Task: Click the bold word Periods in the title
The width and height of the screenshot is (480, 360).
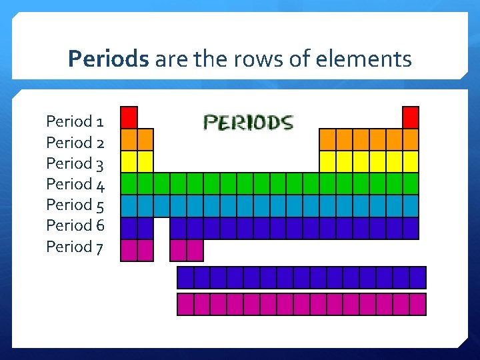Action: click(x=109, y=60)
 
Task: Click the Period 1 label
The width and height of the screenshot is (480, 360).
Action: click(x=75, y=122)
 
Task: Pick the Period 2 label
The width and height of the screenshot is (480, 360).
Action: click(x=75, y=143)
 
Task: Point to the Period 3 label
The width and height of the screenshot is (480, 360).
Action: click(x=75, y=163)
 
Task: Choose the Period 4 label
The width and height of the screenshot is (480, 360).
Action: click(x=75, y=184)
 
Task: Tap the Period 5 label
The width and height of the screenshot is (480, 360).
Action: click(x=75, y=205)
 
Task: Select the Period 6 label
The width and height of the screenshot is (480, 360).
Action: click(x=75, y=225)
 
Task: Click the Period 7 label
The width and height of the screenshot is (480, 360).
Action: click(x=75, y=247)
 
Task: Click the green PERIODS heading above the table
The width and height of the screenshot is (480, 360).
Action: click(x=248, y=123)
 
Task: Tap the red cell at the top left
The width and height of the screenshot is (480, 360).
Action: click(x=129, y=117)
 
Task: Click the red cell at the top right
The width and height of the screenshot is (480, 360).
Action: click(x=411, y=117)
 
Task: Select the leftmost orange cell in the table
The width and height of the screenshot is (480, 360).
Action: click(x=129, y=139)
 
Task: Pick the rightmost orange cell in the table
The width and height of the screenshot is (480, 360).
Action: click(x=411, y=139)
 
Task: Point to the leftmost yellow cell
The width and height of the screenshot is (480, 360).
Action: click(x=129, y=161)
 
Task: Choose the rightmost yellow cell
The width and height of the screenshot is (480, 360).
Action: click(x=411, y=161)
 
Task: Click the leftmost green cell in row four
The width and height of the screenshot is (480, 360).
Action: click(x=129, y=183)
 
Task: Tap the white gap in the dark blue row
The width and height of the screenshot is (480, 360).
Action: click(x=162, y=227)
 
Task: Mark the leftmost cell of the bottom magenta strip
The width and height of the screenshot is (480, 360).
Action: click(x=185, y=304)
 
